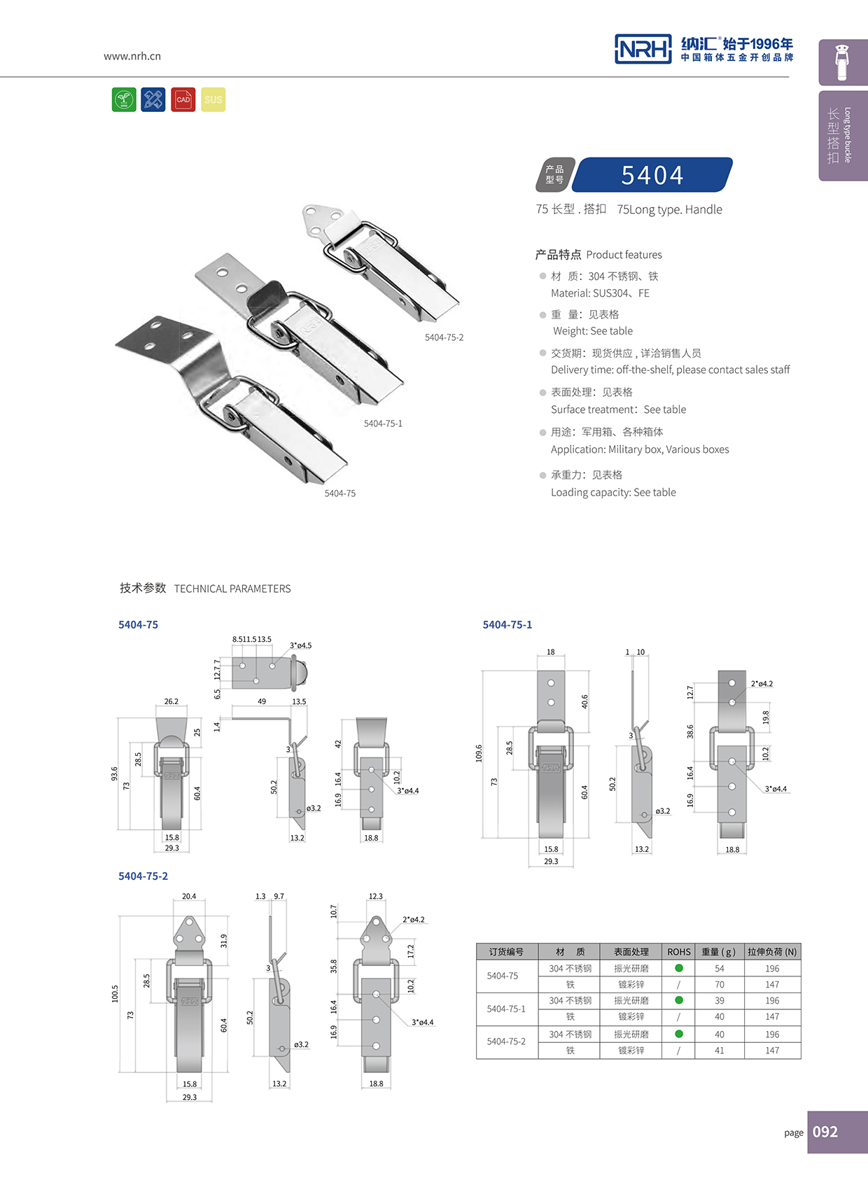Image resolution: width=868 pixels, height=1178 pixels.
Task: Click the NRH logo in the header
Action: coord(643,49)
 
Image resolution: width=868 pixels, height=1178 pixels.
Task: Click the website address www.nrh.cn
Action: coord(132,56)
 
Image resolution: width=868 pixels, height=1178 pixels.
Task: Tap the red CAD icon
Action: coord(183,100)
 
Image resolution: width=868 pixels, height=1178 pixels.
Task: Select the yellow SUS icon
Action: coord(213,100)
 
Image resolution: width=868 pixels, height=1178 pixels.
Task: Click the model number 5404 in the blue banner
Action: coord(652,175)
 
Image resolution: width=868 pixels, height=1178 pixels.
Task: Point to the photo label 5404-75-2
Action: coord(444,337)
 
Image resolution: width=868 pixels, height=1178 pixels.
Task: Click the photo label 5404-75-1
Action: coord(383,423)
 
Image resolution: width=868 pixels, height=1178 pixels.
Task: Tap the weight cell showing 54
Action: coord(720,969)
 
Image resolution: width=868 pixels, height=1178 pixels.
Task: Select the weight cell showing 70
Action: coord(720,985)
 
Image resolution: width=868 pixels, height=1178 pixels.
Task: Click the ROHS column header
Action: coord(678,952)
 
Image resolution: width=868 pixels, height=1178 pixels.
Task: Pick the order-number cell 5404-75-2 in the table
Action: coord(506,1042)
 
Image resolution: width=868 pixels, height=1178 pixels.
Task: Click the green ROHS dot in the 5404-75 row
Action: coord(678,969)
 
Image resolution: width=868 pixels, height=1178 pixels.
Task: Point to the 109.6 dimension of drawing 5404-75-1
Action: coord(479,753)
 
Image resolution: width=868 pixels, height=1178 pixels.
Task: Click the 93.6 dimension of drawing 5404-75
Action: coord(114,773)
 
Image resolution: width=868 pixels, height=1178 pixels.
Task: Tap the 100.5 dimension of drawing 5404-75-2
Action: coord(115,993)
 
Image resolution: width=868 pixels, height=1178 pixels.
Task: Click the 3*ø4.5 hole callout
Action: coord(300,645)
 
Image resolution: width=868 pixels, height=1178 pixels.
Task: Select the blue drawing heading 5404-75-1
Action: coord(507,624)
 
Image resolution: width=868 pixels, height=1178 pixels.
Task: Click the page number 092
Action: coord(825,1132)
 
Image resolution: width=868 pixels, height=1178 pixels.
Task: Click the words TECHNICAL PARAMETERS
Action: coord(232,589)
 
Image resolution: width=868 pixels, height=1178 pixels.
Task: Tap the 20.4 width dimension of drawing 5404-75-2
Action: coord(189,896)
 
